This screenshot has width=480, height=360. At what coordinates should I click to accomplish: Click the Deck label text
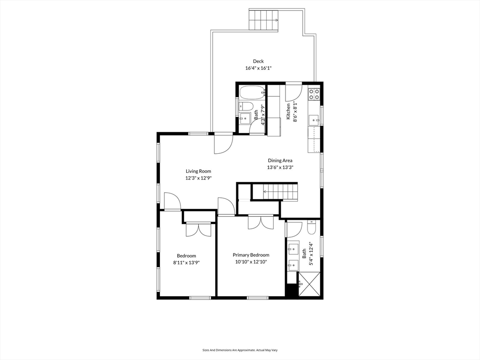(258, 61)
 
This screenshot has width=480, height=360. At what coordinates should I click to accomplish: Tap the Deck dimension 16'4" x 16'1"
(258, 68)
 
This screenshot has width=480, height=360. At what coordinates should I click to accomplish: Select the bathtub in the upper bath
(252, 92)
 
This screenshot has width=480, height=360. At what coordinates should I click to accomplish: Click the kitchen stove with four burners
(314, 94)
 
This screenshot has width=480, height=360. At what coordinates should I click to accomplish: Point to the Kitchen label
(288, 111)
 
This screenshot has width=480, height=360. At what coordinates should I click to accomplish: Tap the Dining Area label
(280, 160)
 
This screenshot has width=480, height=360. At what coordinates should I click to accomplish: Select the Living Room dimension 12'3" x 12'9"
(198, 178)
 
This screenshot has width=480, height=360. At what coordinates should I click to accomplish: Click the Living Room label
(198, 171)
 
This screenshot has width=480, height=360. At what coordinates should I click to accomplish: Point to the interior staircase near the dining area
(275, 192)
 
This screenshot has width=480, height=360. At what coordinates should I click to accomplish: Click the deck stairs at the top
(263, 20)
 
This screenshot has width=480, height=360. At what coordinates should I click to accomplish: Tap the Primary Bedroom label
(251, 255)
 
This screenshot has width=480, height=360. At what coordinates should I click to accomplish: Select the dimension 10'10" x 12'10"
(251, 262)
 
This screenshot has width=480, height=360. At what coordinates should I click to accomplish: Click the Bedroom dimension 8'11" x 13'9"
(187, 262)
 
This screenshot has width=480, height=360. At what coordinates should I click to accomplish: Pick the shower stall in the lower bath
(309, 284)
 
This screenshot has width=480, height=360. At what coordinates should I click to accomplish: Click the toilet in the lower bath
(311, 228)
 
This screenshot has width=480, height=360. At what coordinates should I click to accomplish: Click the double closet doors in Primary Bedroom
(261, 222)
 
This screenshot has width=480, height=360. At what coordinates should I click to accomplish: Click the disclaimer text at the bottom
(240, 350)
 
